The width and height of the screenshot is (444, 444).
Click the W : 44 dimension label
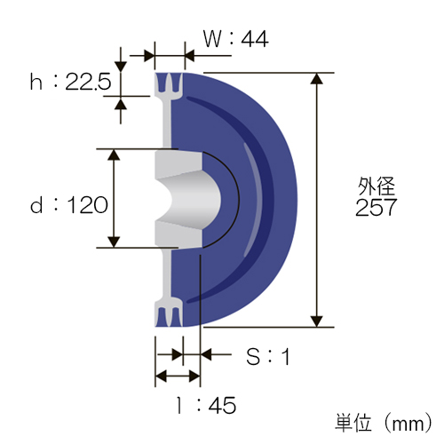tap(236, 39)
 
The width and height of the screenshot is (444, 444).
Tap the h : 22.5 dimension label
tap(70, 82)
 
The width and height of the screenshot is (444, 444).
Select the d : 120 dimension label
tap(69, 204)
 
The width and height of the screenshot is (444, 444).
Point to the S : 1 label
tap(268, 356)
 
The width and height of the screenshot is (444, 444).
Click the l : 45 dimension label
tap(206, 405)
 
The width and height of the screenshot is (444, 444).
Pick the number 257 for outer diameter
tap(376, 207)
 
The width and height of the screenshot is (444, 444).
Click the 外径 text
tap(377, 186)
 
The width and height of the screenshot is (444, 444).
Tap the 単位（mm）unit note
tap(384, 423)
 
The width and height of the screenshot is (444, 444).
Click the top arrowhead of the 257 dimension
tap(317, 78)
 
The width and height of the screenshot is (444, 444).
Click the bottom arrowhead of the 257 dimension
tap(317, 321)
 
